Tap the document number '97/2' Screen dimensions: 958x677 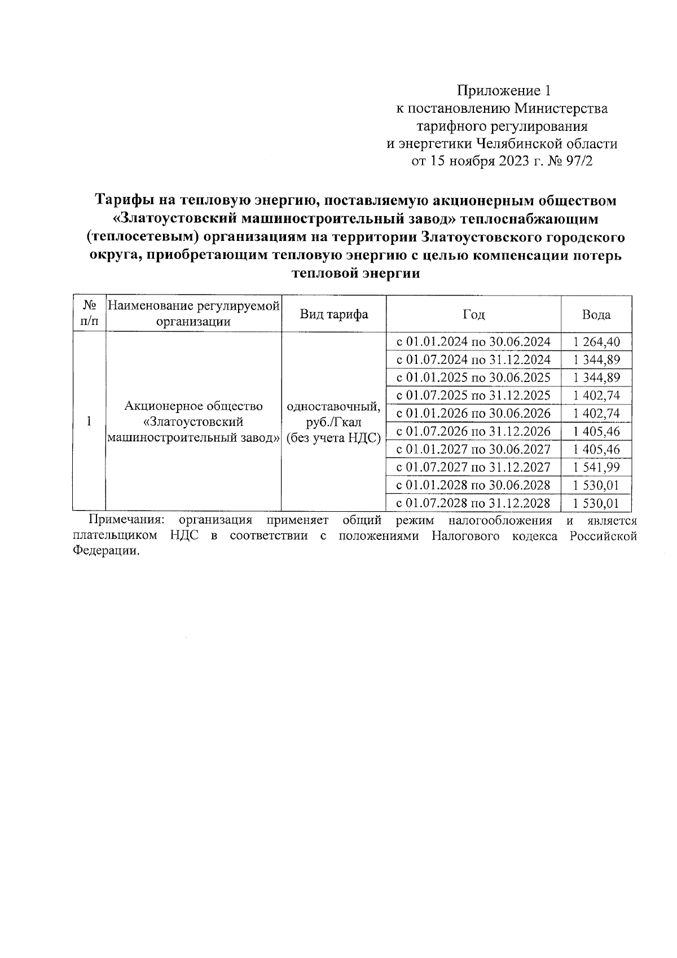tap(581, 161)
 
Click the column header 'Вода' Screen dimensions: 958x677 tap(596, 315)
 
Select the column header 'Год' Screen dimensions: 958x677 tap(473, 315)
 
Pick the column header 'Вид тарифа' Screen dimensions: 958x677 tap(333, 315)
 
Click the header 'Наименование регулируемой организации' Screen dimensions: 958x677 tap(194, 314)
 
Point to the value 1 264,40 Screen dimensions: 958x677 tap(596, 342)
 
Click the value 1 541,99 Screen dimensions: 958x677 tap(596, 467)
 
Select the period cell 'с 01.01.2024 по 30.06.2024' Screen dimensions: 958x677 tap(473, 342)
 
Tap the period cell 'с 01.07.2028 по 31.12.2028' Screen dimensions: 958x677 tap(473, 503)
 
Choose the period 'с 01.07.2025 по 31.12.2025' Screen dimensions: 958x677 tap(473, 395)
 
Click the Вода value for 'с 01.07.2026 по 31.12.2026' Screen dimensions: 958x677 tap(596, 432)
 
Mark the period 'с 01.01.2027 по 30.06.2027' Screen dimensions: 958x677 tap(473, 450)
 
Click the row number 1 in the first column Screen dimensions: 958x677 tap(89, 421)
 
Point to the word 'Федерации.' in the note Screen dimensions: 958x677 tap(105, 551)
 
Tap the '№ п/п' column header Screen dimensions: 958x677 tap(89, 314)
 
